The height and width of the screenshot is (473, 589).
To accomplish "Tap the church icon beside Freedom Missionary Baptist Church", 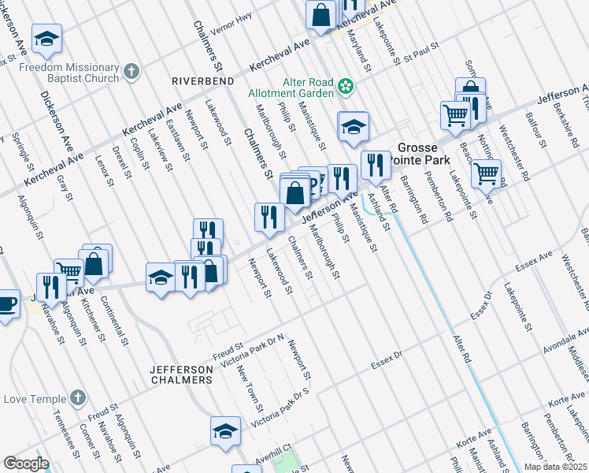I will (x=131, y=72).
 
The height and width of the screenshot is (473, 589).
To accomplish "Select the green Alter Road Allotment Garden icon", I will (x=345, y=86).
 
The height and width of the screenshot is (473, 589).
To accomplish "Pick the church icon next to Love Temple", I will (x=77, y=398).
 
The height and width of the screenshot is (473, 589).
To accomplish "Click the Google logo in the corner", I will (x=26, y=464).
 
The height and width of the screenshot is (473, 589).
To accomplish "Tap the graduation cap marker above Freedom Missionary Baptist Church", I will (x=46, y=37).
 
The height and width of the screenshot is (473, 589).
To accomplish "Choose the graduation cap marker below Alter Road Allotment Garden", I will (x=354, y=125).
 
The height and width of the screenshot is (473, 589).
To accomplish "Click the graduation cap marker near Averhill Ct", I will (x=225, y=430).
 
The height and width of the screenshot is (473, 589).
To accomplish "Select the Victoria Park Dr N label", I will (x=253, y=351).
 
